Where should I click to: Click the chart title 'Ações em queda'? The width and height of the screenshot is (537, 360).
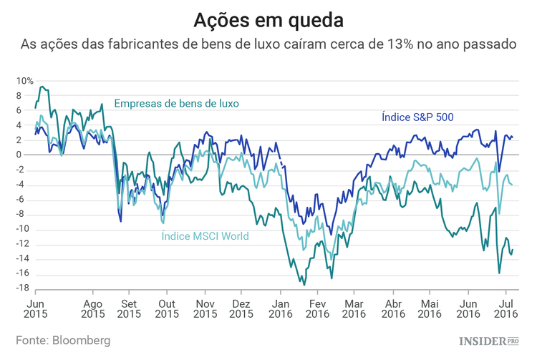268,17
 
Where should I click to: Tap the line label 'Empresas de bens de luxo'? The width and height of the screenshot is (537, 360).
176,103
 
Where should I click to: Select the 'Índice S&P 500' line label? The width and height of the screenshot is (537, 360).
417,116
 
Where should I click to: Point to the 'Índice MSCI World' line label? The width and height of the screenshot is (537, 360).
205,235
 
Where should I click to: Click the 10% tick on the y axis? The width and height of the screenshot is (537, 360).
25,81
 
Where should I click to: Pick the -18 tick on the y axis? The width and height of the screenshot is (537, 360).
24,288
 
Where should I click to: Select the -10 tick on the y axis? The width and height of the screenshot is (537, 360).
24,229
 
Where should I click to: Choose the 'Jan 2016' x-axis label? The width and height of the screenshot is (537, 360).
280,308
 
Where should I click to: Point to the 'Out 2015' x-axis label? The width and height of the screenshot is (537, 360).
167,308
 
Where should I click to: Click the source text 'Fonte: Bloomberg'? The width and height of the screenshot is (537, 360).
64,341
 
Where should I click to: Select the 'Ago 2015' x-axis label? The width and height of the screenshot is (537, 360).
92,308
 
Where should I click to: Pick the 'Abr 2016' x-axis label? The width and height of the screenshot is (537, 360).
392,308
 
